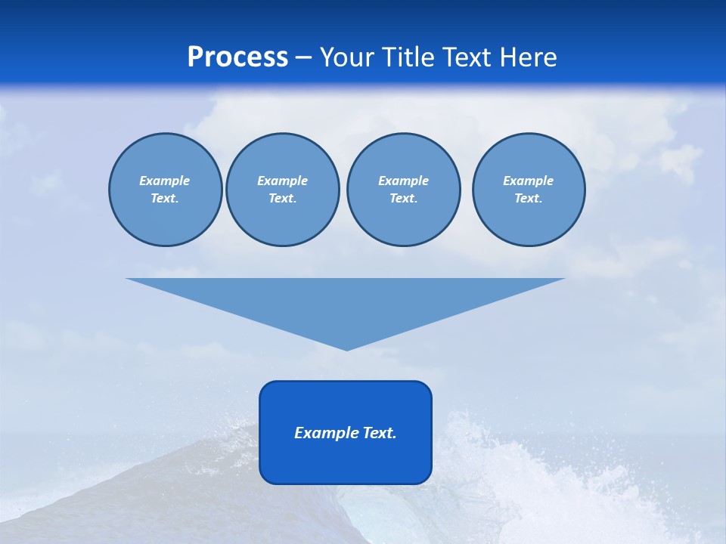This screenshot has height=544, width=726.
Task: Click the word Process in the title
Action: point(237,57)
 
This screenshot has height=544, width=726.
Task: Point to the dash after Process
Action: point(304,58)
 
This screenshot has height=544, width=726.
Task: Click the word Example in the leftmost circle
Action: point(165,181)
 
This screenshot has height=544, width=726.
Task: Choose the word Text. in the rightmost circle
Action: point(529,199)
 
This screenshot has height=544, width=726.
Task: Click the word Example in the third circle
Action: point(403,181)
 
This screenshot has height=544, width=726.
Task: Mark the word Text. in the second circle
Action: point(283,199)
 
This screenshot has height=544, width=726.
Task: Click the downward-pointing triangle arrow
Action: point(346,302)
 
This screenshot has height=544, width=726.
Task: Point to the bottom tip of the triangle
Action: point(346,349)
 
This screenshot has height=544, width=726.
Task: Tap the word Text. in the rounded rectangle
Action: point(380,433)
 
